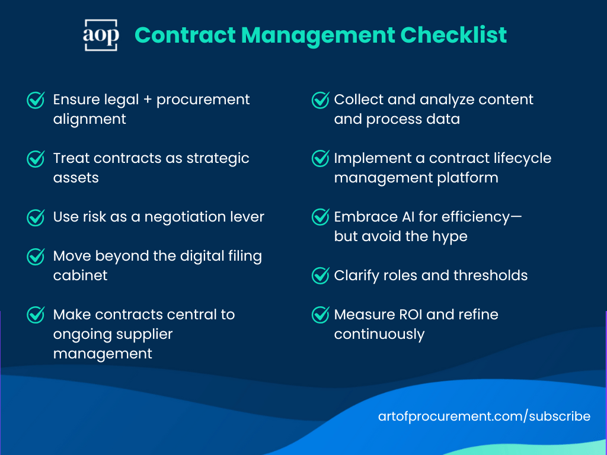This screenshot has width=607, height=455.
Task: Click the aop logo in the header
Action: pos(101,35)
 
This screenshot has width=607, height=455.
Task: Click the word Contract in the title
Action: pos(186,35)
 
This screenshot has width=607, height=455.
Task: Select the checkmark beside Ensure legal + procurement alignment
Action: pos(36,100)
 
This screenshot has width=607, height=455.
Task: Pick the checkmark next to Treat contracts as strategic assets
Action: pos(36,159)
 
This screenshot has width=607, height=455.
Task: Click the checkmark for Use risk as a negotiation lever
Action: pos(36,217)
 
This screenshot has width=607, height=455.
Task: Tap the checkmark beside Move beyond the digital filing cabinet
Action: pos(36,257)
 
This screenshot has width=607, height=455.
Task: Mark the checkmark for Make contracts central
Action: pos(36,315)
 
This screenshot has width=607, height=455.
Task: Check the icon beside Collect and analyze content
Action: pos(320,100)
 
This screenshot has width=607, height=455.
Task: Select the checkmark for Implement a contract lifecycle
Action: pos(320,159)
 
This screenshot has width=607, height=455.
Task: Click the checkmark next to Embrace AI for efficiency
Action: pos(320,217)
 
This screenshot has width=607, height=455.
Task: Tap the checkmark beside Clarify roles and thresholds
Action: pos(320,275)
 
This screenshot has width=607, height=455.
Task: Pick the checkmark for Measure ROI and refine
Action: pos(320,315)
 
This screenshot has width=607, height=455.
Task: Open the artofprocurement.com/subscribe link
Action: pos(484,416)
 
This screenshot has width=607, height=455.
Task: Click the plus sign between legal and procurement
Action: pos(148,100)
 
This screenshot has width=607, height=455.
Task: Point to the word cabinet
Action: pos(80,275)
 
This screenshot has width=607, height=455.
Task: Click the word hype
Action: pos(450,236)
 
